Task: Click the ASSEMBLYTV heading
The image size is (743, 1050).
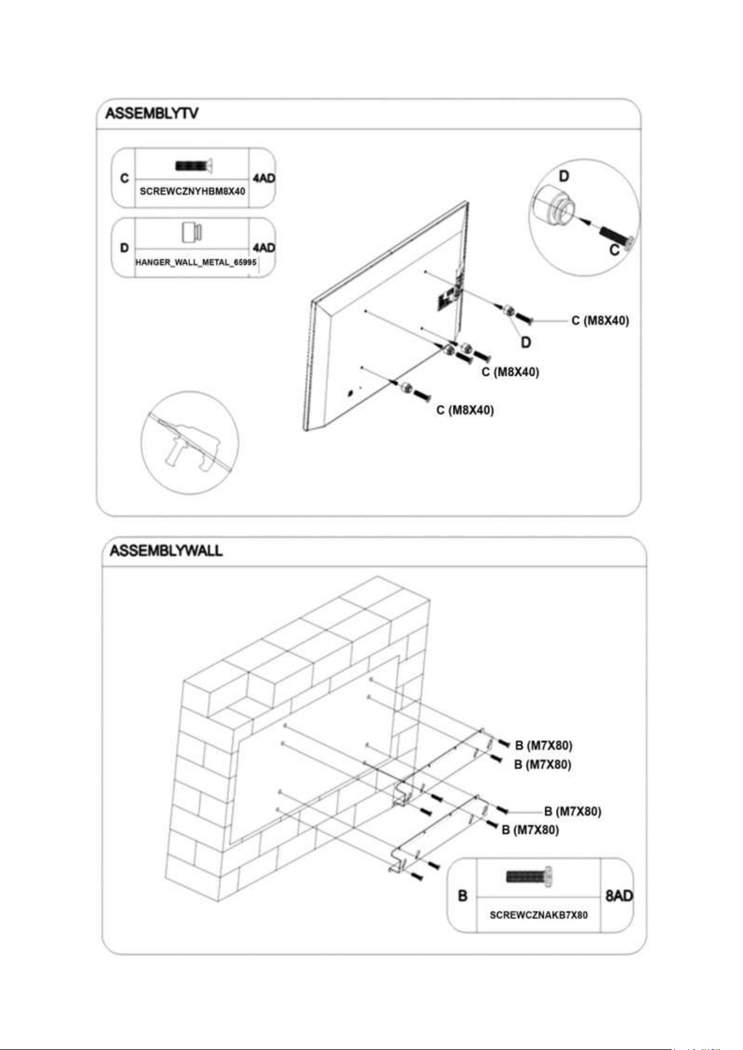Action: coord(152,113)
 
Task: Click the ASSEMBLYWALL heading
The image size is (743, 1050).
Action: coord(166,550)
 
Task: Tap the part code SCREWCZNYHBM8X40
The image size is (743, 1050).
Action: coord(192,191)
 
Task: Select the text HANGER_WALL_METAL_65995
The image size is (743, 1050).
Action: coord(196,262)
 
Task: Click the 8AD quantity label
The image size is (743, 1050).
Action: coord(619,896)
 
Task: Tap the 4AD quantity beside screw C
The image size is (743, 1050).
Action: coord(264,178)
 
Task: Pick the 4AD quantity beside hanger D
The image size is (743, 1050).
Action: coord(264,247)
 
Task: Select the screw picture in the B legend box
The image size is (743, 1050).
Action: coord(530,876)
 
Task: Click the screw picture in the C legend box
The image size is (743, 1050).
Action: coord(194,166)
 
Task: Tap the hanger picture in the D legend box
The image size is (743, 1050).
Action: coord(193,232)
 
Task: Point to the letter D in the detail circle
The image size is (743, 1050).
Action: coord(564,176)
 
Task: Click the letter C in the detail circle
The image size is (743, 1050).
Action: coord(615,251)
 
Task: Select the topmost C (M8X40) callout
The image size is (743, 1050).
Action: coord(600,321)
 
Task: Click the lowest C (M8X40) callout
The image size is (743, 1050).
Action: coord(465,409)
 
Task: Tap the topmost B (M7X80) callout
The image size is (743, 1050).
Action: coord(544,745)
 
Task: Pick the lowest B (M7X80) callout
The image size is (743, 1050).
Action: coord(530,829)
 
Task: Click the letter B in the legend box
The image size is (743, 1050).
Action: coord(463,896)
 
